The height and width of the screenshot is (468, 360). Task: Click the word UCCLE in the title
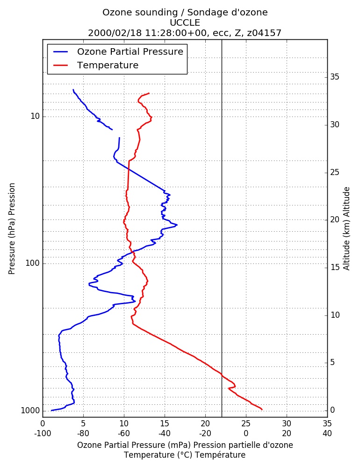(185, 22)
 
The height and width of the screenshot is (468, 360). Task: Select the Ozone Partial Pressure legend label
(130, 51)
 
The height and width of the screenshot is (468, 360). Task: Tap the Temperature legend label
(108, 65)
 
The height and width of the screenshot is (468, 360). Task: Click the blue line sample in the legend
(61, 51)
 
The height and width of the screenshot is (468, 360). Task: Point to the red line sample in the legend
(61, 65)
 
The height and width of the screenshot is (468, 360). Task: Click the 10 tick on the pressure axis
(35, 116)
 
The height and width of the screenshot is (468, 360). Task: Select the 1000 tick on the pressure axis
(30, 411)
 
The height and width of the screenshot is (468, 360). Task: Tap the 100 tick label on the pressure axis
(33, 263)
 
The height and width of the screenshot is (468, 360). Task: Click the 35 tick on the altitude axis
(335, 77)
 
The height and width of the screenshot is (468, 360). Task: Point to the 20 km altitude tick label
(335, 219)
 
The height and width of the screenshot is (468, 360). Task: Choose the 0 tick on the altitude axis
(332, 410)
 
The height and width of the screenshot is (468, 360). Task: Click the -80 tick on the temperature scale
(83, 433)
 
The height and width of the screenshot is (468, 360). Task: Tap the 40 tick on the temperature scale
(327, 433)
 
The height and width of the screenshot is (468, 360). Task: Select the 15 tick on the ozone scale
(165, 424)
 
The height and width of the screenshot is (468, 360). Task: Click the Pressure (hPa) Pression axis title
(12, 229)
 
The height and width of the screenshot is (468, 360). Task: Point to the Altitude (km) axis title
(346, 229)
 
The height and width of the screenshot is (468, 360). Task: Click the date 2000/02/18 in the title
(115, 33)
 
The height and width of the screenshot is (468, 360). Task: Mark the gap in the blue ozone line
(116, 133)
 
